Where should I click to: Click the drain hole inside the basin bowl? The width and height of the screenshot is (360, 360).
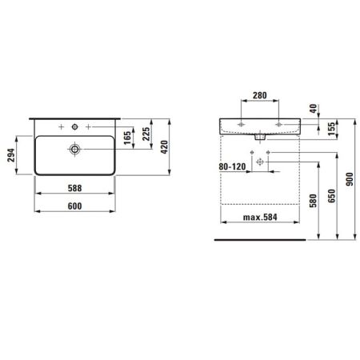pyautogui.click(x=74, y=148)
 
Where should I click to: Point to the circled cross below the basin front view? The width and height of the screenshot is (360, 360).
pyautogui.click(x=258, y=161)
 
